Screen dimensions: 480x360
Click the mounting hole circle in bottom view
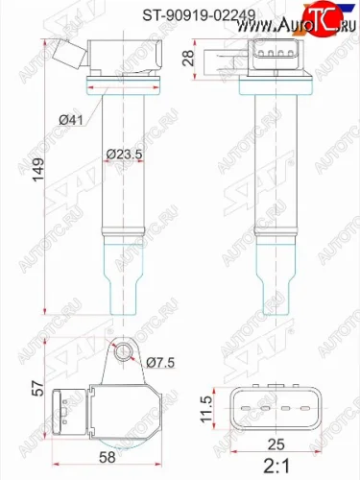(x=121, y=356)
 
